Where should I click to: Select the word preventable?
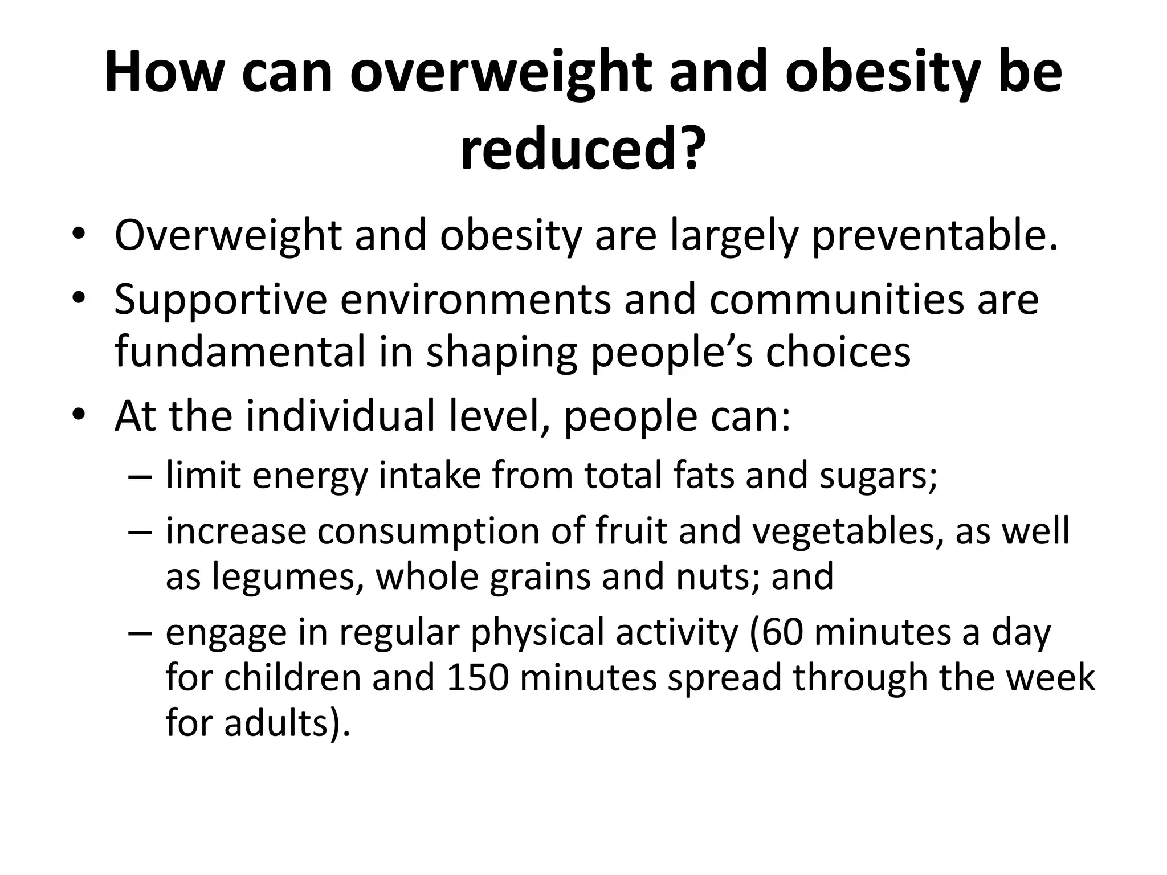coord(935,236)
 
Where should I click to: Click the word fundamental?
coord(240,352)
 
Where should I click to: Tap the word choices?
coord(838,352)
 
